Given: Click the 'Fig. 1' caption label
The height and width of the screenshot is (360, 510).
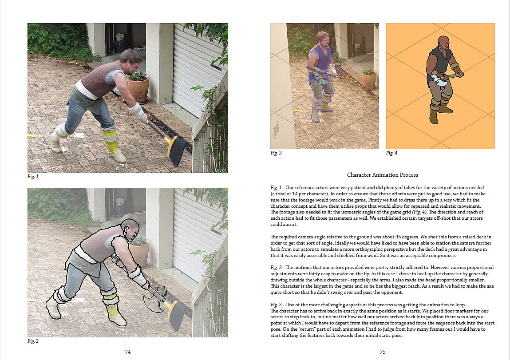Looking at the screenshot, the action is (33, 177).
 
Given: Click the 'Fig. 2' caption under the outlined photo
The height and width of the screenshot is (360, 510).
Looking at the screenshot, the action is (33, 341).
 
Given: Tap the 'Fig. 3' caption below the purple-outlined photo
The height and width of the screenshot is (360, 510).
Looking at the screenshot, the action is (276, 153).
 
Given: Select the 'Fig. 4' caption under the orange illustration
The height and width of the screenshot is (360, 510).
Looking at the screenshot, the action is (391, 153).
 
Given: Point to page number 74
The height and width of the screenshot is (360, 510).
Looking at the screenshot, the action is (128, 352).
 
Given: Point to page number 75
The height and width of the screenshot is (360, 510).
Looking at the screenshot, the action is (383, 352).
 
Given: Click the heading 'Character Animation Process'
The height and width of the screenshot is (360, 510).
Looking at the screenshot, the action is (383, 175).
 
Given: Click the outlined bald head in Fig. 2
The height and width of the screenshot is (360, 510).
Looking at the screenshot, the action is (130, 229).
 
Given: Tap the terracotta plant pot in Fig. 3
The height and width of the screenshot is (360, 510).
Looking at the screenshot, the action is (369, 81).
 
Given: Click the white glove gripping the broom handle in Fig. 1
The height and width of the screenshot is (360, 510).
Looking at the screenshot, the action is (138, 112).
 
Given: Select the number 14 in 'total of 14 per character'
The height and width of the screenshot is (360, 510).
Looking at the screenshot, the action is (295, 194).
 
